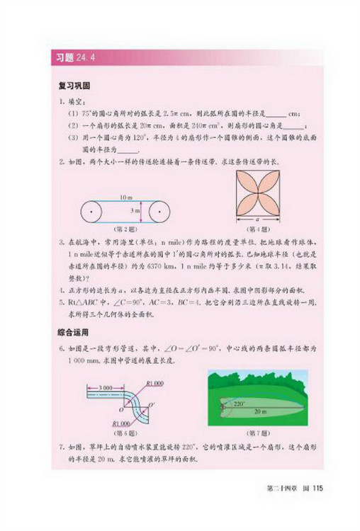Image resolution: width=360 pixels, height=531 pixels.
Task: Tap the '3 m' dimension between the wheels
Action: click(135, 210)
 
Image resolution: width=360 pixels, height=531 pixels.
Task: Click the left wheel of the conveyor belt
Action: click(92, 210)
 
